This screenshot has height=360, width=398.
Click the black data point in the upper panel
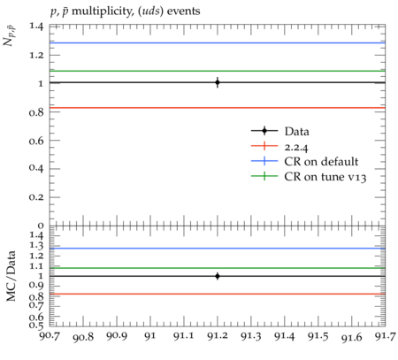(218, 82)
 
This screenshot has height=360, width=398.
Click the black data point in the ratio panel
(218, 276)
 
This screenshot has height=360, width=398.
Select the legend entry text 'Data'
(297, 131)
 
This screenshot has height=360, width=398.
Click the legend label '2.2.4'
(296, 147)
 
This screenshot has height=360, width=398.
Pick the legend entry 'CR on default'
(321, 162)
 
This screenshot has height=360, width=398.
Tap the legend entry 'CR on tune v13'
(325, 177)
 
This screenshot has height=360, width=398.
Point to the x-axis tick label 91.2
(218, 336)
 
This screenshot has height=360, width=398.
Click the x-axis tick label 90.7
(50, 335)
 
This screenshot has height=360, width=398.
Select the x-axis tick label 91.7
(385, 336)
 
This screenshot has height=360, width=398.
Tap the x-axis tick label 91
(150, 336)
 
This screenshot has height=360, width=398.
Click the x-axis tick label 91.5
(318, 336)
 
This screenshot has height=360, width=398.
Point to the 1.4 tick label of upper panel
(36, 27)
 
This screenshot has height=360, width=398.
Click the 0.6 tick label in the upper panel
(36, 141)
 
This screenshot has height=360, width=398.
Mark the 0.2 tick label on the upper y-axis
(36, 197)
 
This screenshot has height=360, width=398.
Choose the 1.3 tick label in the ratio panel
(36, 246)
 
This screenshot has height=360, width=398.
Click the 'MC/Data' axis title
(11, 276)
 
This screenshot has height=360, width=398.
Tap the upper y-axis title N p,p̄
(10, 36)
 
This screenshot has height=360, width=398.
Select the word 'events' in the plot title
(183, 11)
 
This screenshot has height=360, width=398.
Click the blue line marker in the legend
(264, 161)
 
